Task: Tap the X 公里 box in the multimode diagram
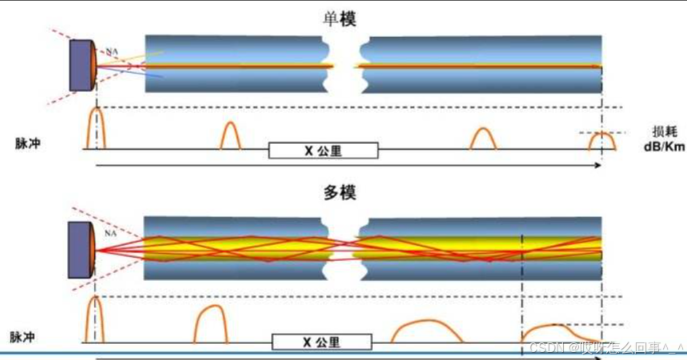(322, 342)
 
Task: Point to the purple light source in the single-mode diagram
(82, 65)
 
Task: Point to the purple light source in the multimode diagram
(81, 249)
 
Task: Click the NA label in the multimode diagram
(110, 234)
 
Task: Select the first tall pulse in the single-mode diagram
(96, 129)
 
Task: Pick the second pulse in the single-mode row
(230, 136)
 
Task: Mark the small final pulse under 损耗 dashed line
(601, 142)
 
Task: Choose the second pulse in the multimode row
(212, 325)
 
